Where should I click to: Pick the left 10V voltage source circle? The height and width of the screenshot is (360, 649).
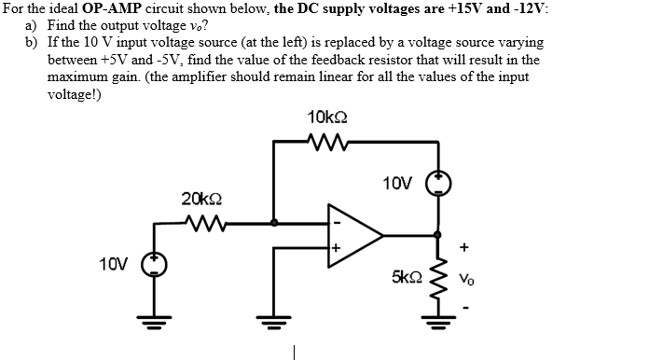tap(155, 265)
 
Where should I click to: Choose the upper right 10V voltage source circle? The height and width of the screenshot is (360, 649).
tap(437, 183)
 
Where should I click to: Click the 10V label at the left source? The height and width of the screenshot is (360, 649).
tap(114, 264)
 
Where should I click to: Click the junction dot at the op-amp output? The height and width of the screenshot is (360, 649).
tap(435, 237)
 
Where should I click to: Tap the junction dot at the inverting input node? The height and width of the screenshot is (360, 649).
tap(273, 223)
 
